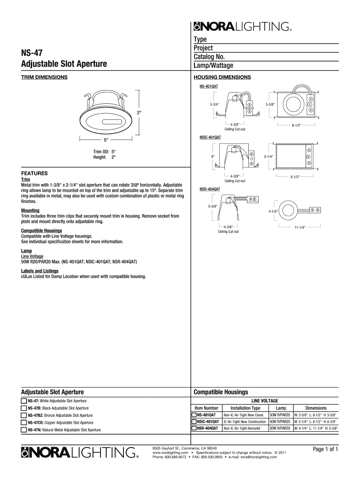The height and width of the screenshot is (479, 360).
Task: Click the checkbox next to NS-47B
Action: pos(24,408)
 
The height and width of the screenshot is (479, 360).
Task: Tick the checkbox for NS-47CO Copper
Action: pos(24,422)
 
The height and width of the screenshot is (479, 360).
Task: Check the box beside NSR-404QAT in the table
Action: pos(194,428)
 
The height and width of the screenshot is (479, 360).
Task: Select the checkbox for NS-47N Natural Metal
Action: pos(24,429)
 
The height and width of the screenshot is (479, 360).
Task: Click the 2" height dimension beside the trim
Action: pos(138,113)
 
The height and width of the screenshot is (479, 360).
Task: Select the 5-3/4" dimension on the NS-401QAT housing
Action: pos(215,104)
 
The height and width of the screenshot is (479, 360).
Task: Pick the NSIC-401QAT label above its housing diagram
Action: pos(210,138)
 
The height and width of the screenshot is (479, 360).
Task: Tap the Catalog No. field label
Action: pos(210,57)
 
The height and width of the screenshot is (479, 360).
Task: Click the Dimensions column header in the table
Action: pos(316,408)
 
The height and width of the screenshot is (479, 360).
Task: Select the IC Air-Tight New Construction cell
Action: pos(245,421)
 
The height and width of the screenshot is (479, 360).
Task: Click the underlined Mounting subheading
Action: pos(30,211)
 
